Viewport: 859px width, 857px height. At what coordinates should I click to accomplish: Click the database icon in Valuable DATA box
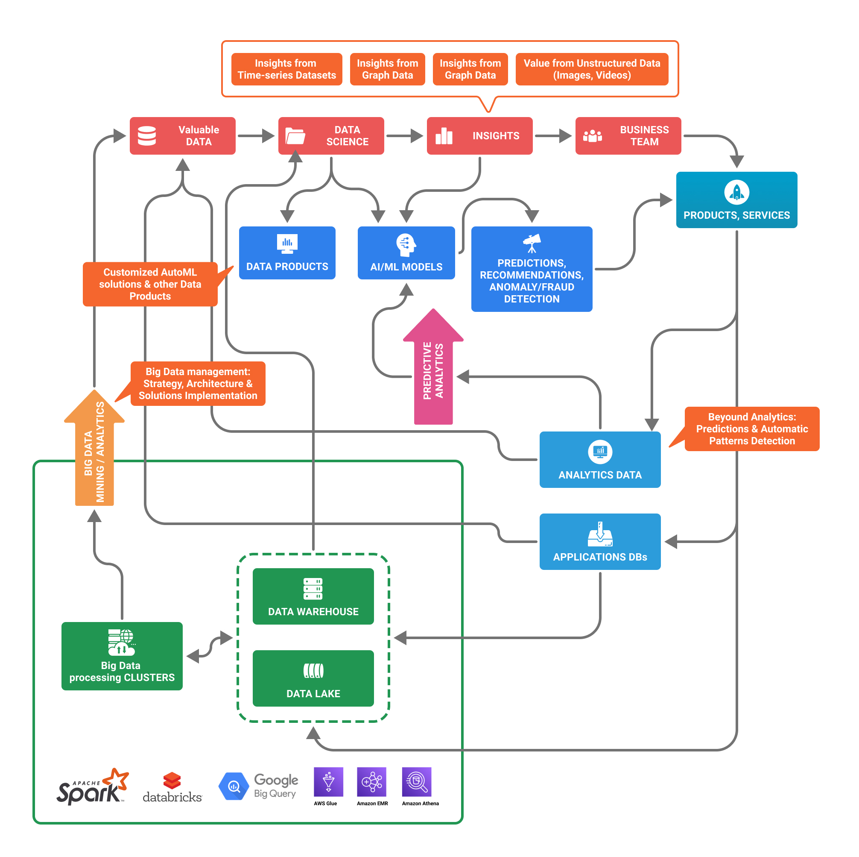point(147,136)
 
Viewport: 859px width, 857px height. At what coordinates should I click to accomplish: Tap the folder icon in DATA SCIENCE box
point(295,136)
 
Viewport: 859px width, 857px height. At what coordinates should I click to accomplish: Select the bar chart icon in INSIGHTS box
point(444,136)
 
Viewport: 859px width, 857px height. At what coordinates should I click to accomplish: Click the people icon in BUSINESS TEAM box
point(592,136)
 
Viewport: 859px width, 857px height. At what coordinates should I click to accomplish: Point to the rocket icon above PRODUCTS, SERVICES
point(736,192)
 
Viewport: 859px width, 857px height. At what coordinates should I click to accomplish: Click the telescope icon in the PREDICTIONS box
point(532,243)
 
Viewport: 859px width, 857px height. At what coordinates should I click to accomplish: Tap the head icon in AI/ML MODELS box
point(406,245)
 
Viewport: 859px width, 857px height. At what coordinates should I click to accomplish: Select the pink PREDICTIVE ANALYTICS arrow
point(433,369)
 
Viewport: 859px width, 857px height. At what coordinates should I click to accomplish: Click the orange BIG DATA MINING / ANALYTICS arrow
point(94,449)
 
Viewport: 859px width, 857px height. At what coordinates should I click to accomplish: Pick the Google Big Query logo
point(258,786)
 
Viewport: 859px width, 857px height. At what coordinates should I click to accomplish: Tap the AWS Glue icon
point(328,781)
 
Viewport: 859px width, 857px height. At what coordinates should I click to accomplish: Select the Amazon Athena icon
point(417,781)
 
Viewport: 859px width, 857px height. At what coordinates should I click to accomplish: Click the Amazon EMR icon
point(371,781)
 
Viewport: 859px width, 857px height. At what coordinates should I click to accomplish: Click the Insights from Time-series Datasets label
point(286,69)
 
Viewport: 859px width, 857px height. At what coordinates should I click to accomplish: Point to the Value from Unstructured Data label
point(591,69)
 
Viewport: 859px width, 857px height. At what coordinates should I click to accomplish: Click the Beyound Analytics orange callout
point(751,428)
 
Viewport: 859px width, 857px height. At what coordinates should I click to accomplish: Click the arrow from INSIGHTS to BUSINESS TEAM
point(552,136)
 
